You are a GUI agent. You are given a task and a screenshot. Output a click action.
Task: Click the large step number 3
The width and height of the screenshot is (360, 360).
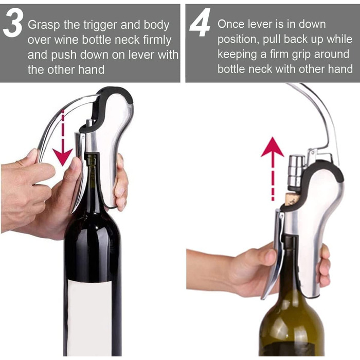[x=13, y=24]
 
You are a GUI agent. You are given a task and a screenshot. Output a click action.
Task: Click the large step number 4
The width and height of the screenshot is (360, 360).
[x=200, y=23]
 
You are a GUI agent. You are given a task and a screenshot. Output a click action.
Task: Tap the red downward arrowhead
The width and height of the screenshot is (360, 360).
[x=62, y=157]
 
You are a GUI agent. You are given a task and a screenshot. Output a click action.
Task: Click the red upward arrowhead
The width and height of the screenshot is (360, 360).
[x=272, y=147]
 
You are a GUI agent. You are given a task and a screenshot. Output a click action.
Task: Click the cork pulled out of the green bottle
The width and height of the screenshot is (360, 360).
[x=291, y=200]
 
